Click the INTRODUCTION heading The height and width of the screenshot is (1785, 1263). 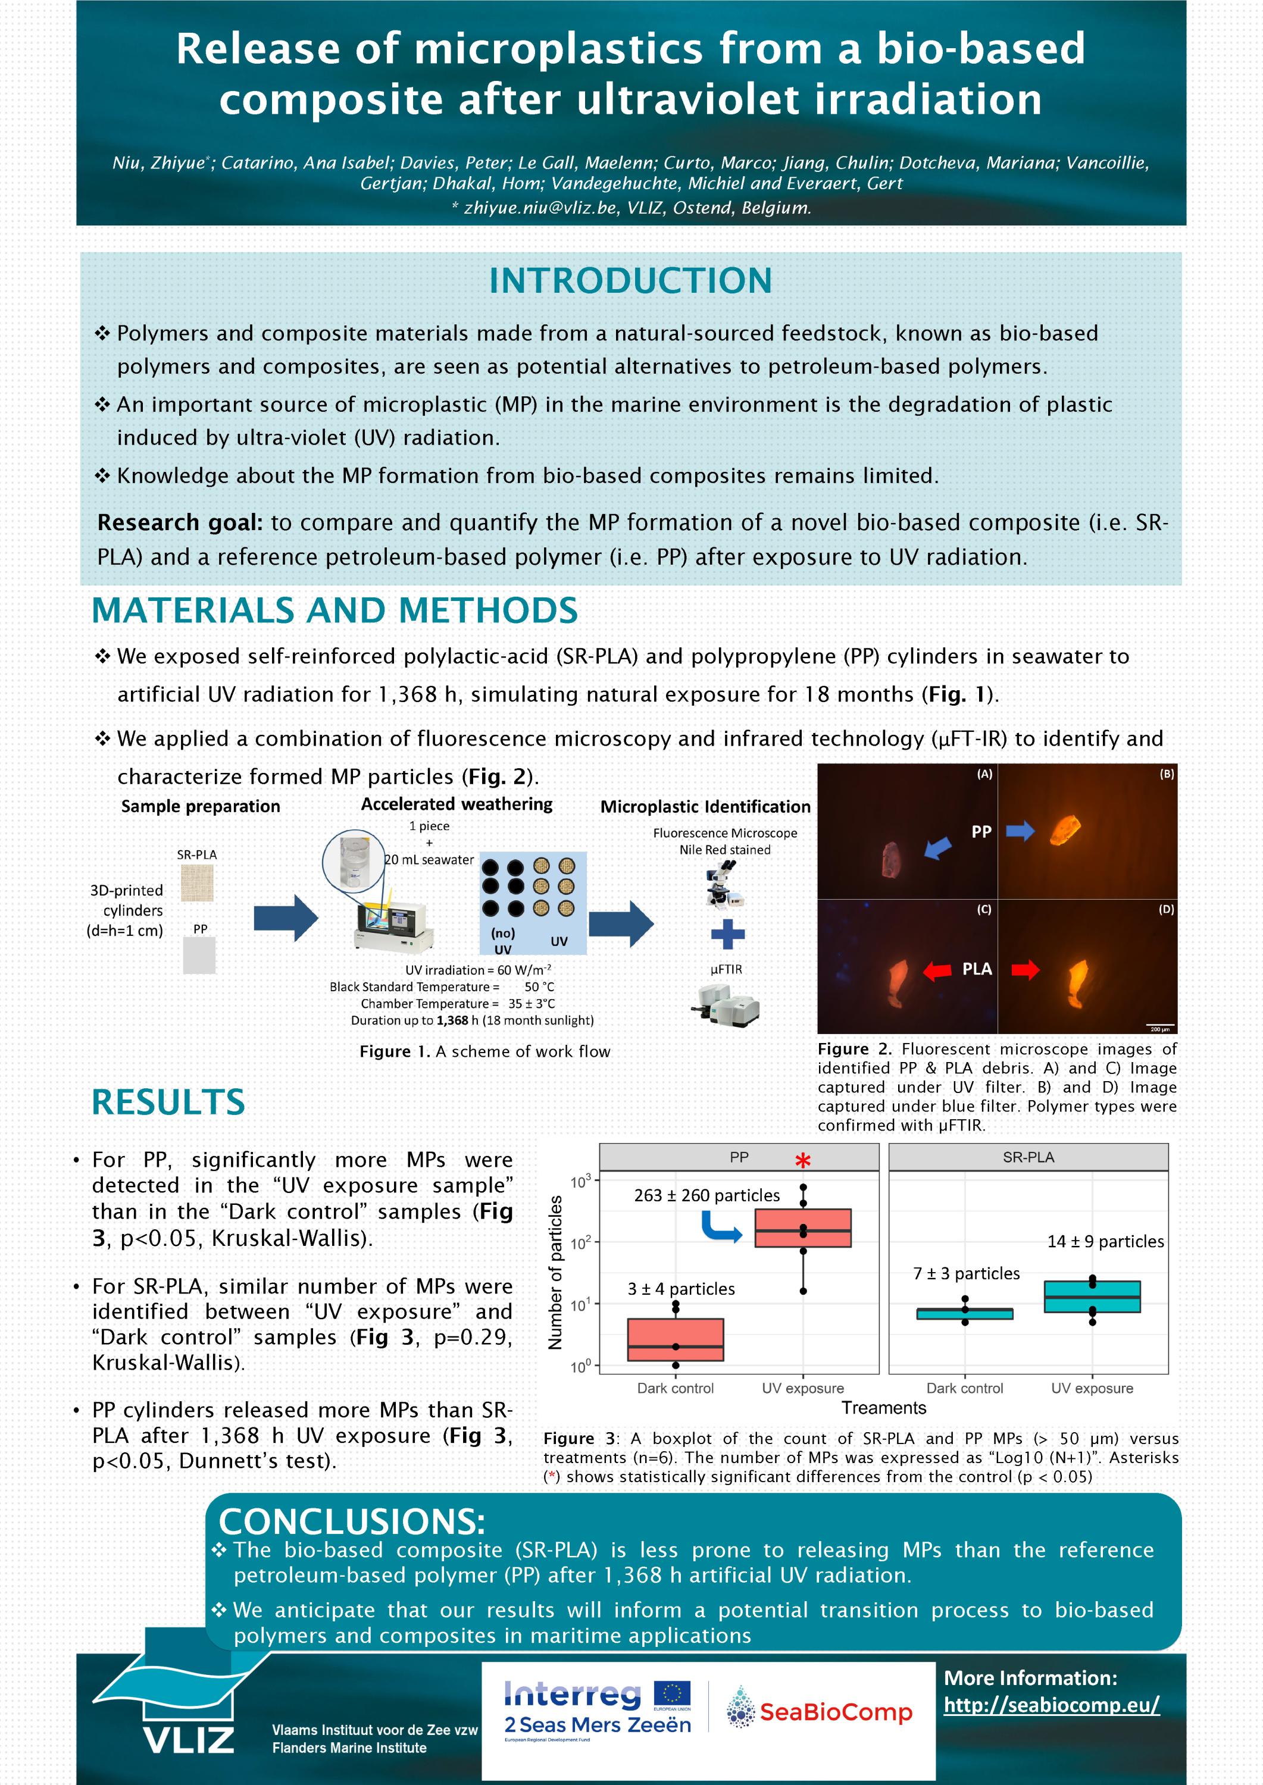click(x=630, y=281)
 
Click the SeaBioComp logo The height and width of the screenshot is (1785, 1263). click(x=819, y=1711)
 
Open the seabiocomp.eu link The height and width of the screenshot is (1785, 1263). click(x=1052, y=1705)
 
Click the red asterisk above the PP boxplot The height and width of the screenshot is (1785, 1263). click(x=802, y=1161)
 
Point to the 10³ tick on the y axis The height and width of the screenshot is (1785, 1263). click(x=580, y=1181)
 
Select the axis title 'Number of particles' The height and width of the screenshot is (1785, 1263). click(x=555, y=1273)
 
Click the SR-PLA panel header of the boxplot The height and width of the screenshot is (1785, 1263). click(x=1027, y=1157)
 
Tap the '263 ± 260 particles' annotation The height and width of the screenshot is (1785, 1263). click(x=706, y=1195)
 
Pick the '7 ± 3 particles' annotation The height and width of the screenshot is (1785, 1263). click(x=966, y=1273)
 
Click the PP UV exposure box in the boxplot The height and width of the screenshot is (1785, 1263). click(x=802, y=1228)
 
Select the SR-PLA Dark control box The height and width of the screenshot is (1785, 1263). click(x=964, y=1314)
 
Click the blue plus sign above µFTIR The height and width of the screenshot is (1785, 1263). click(x=727, y=934)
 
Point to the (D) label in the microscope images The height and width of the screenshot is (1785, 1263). click(x=1166, y=909)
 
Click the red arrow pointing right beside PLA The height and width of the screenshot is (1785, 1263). click(x=1025, y=969)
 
